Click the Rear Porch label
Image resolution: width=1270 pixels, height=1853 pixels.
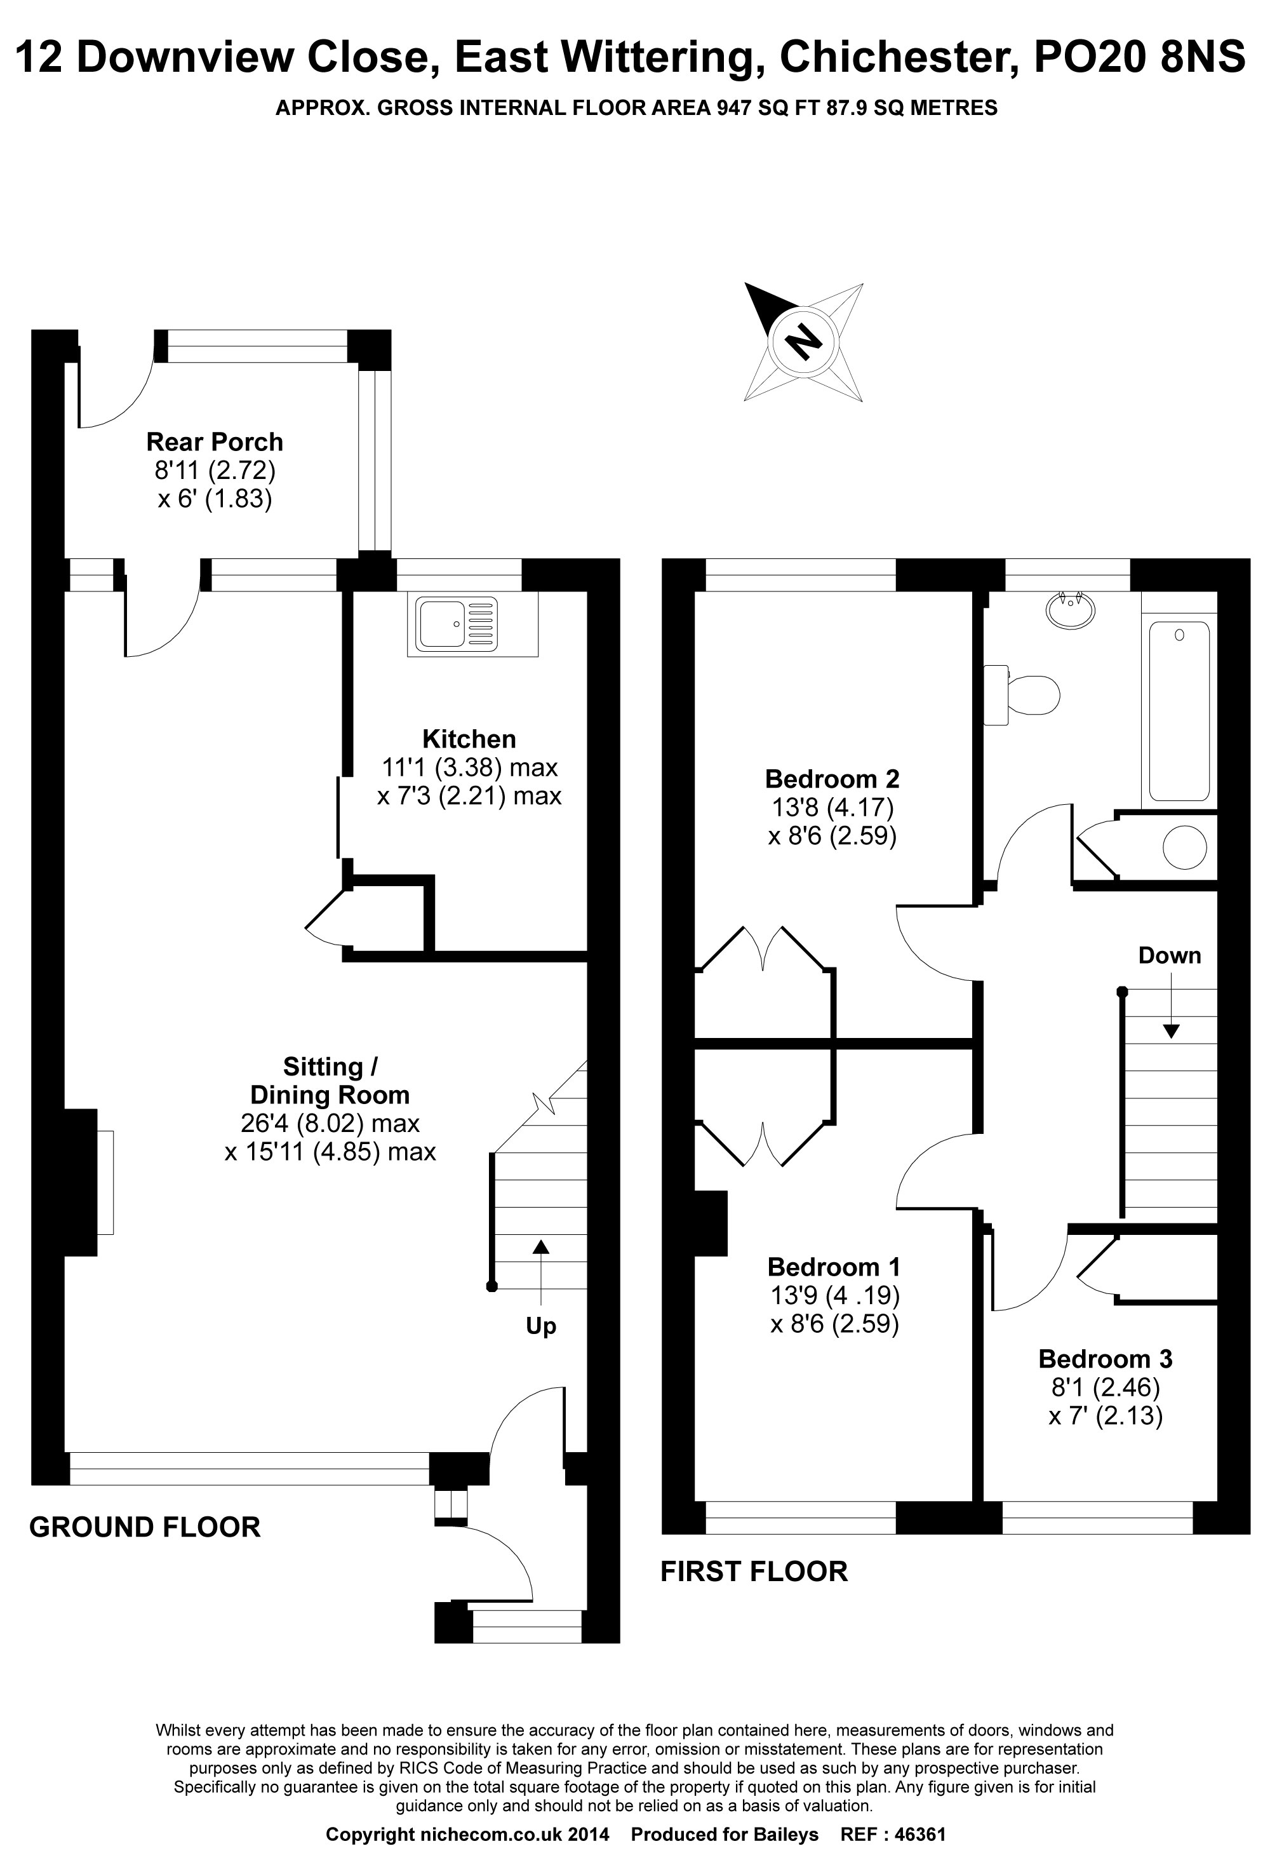click(x=215, y=441)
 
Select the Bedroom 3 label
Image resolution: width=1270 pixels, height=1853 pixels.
click(x=1105, y=1359)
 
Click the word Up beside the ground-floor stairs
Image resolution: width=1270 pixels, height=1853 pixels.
click(x=540, y=1326)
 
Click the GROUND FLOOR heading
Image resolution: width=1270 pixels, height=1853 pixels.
click(x=144, y=1527)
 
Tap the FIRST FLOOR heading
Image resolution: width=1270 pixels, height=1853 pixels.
click(x=754, y=1572)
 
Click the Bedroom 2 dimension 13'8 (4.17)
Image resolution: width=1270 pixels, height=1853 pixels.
click(x=832, y=807)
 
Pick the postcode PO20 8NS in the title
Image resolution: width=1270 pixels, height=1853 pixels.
click(x=1139, y=57)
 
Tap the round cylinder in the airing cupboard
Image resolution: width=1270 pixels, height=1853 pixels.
click(x=1185, y=847)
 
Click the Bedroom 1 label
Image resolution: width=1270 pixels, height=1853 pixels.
click(x=834, y=1267)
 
